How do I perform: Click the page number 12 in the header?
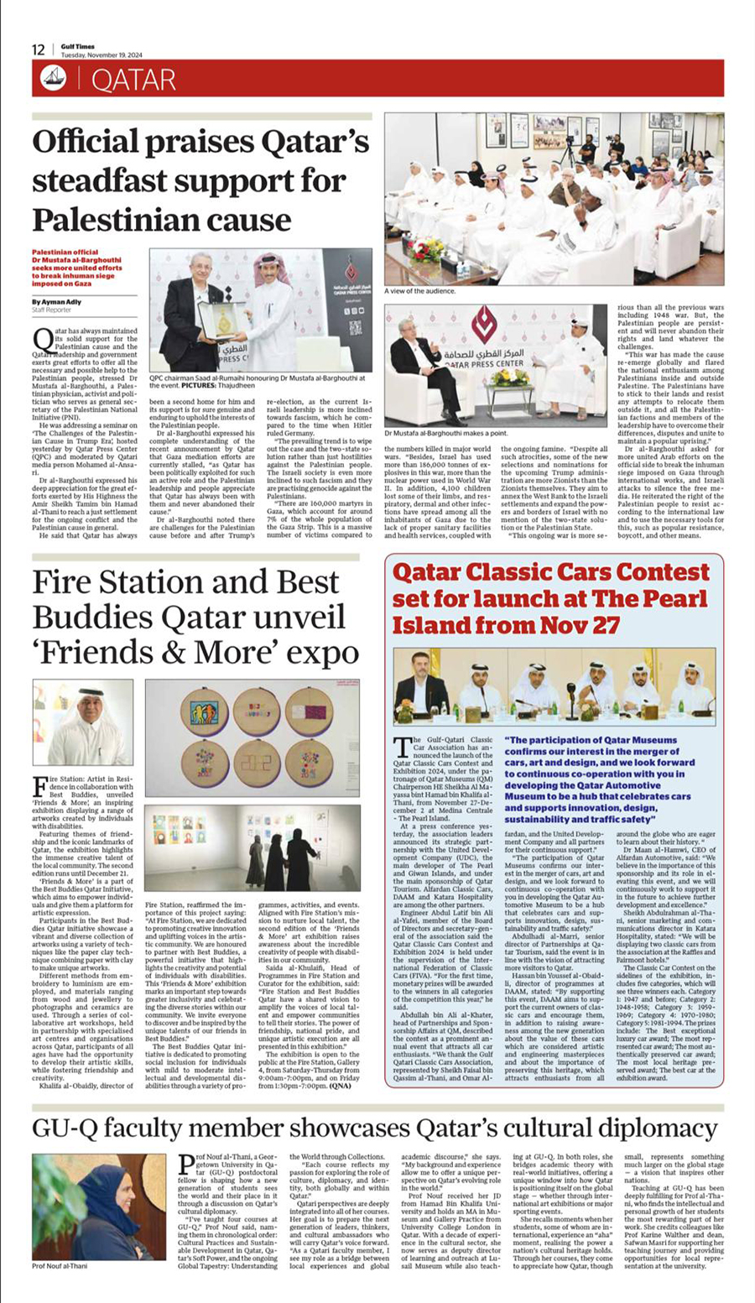click(x=39, y=50)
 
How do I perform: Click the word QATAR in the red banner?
click(x=133, y=80)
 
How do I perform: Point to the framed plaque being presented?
click(x=221, y=320)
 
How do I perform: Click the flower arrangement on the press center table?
click(x=510, y=377)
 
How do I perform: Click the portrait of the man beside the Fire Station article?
click(x=83, y=723)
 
